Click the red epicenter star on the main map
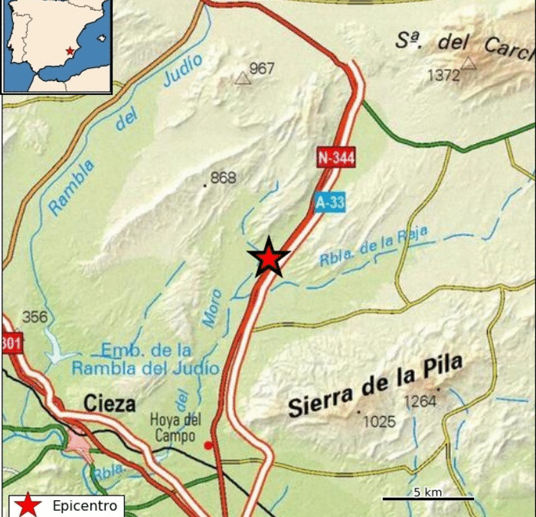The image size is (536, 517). [x=269, y=258]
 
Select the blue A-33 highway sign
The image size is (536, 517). [x=330, y=203]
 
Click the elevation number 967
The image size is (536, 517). [x=262, y=69]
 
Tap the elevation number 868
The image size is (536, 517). [x=223, y=178]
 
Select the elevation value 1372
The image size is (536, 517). [x=444, y=75]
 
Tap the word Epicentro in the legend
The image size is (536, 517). [x=85, y=506]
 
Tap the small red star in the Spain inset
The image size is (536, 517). [x=70, y=51]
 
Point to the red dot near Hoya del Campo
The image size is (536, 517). [x=208, y=445]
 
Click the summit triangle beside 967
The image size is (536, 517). [x=243, y=77]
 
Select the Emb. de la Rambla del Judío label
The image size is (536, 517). [x=145, y=359]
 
